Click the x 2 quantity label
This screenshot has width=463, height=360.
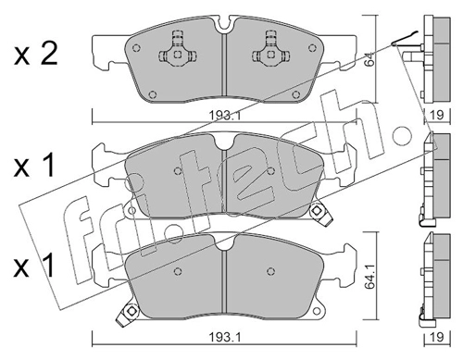(x=36, y=55)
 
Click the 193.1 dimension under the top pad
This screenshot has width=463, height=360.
(x=225, y=116)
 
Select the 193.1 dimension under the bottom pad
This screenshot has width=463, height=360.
(x=225, y=337)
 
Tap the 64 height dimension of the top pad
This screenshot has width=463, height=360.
(x=369, y=59)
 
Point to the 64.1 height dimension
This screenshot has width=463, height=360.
(x=369, y=276)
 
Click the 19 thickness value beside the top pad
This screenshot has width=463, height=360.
(x=437, y=115)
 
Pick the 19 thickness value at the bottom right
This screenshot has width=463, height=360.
(x=437, y=337)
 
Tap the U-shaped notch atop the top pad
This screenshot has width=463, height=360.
(x=225, y=26)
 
